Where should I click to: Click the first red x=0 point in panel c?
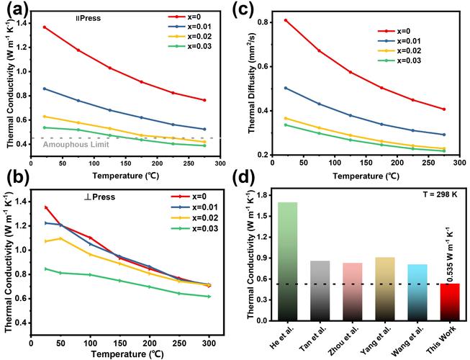point(286,20)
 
